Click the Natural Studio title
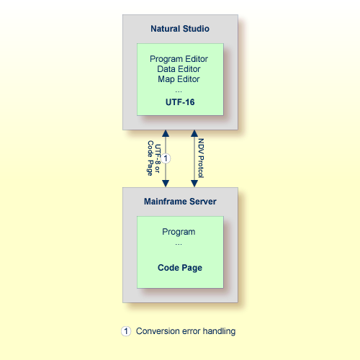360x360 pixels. pyautogui.click(x=179, y=30)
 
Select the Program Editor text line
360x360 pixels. pyautogui.click(x=179, y=59)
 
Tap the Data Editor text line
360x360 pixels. pyautogui.click(x=179, y=69)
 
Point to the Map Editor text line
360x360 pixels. pyautogui.click(x=179, y=79)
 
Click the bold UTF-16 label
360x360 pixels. pyautogui.click(x=179, y=102)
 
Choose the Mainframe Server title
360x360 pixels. pyautogui.click(x=179, y=202)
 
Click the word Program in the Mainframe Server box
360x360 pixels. pyautogui.click(x=179, y=233)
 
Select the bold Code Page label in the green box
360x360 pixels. pyautogui.click(x=179, y=268)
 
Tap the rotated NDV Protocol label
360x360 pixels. pyautogui.click(x=201, y=158)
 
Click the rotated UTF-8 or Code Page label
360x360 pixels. pyautogui.click(x=154, y=158)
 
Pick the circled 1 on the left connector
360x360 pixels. pyautogui.click(x=166, y=158)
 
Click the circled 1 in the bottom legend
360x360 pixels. pyautogui.click(x=126, y=331)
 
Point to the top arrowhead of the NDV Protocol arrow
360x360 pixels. pyautogui.click(x=193, y=134)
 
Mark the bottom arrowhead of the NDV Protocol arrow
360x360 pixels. pyautogui.click(x=193, y=184)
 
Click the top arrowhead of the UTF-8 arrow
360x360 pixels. pyautogui.click(x=166, y=134)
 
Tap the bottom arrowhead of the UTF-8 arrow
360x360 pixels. pyautogui.click(x=166, y=184)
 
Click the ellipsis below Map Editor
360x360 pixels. pyautogui.click(x=179, y=91)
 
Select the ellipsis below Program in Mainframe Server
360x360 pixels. pyautogui.click(x=179, y=243)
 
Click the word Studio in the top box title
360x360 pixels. pyautogui.click(x=195, y=30)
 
